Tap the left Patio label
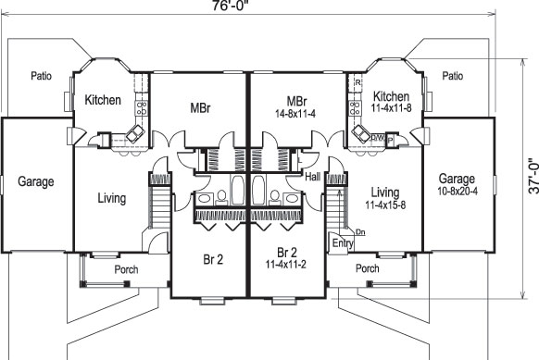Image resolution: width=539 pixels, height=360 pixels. pyautogui.click(x=40, y=77)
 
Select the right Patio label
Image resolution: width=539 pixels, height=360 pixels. pyautogui.click(x=452, y=77)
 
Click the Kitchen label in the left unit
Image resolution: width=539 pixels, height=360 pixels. pyautogui.click(x=103, y=100)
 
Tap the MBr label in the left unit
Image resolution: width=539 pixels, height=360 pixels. pyautogui.click(x=198, y=108)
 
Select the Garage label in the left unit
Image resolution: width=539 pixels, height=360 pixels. pyautogui.click(x=35, y=181)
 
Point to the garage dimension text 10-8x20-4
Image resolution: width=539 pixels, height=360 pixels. pyautogui.click(x=458, y=192)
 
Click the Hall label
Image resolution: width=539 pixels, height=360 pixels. pyautogui.click(x=311, y=175)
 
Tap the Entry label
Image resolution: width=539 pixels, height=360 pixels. pyautogui.click(x=342, y=243)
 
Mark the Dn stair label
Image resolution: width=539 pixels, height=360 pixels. pyautogui.click(x=360, y=231)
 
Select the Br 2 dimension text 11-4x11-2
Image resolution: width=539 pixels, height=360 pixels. pyautogui.click(x=287, y=265)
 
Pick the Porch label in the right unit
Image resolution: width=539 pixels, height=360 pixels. pyautogui.click(x=368, y=269)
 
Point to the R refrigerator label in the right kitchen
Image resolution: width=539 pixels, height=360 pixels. pyautogui.click(x=357, y=83)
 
